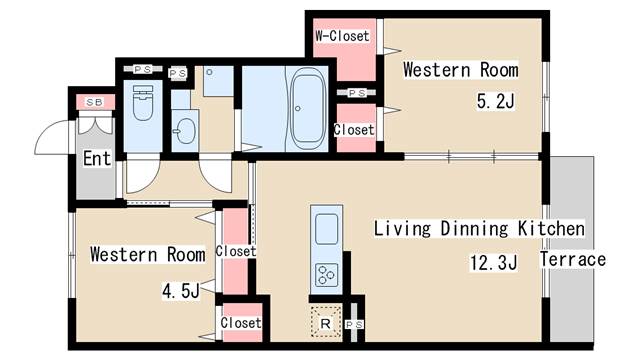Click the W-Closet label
342,36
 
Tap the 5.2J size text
496,100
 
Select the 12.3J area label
493,262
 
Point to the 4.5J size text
181,291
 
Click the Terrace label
573,260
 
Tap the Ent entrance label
97,158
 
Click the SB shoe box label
94,102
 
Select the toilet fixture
143,103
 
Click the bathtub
308,109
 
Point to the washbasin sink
185,131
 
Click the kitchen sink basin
327,229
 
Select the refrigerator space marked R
325,323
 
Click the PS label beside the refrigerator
354,325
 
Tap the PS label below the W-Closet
357,93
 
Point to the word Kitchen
551,228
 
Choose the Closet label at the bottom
240,323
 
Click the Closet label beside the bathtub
354,130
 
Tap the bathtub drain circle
298,109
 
